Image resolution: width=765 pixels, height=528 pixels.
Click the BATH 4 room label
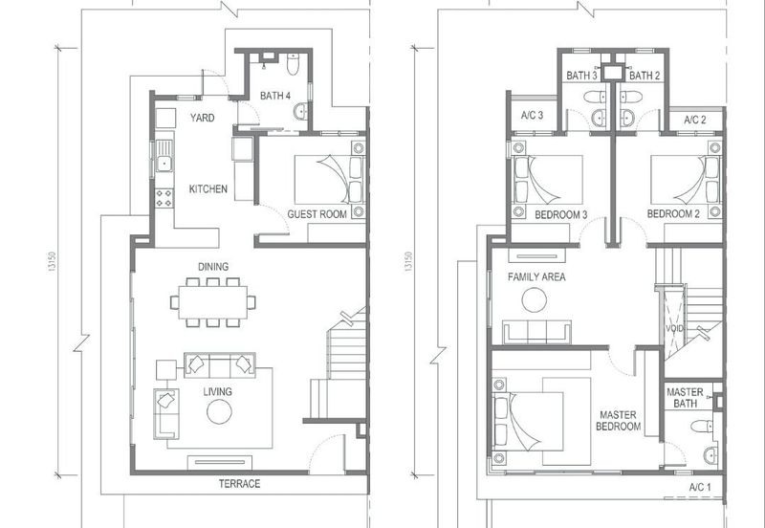tap(275, 96)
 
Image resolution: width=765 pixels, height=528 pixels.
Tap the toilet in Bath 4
tap(293, 64)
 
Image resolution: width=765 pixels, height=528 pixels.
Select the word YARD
tap(203, 118)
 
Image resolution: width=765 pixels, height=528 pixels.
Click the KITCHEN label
tap(208, 188)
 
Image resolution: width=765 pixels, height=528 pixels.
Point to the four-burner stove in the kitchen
tap(164, 198)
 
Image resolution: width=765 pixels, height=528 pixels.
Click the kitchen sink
tap(164, 156)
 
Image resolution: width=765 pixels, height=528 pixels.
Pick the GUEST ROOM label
tap(317, 214)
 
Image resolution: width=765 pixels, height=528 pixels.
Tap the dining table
tap(212, 302)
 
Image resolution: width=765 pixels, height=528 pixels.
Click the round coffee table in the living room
tap(219, 412)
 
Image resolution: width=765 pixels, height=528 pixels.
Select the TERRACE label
tap(239, 484)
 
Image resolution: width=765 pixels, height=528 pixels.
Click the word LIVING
tap(218, 392)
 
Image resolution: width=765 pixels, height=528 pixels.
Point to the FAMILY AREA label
tap(536, 277)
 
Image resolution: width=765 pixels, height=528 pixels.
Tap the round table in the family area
tap(535, 300)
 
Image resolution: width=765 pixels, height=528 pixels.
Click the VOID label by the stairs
tap(675, 328)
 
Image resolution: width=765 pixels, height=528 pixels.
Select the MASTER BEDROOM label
tap(618, 421)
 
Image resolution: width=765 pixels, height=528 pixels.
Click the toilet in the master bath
tap(702, 426)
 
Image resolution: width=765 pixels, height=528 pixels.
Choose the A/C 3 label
tap(532, 115)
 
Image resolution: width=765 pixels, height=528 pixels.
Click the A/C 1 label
tap(700, 487)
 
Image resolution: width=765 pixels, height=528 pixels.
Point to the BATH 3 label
tap(581, 76)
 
